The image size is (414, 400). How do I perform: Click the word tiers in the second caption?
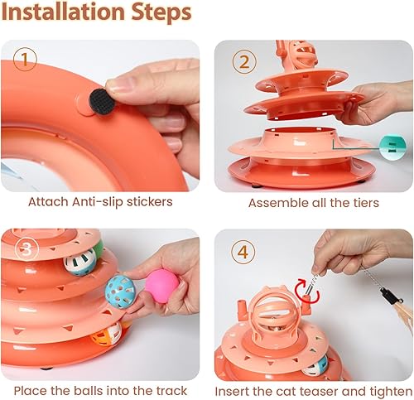point(361,203)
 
